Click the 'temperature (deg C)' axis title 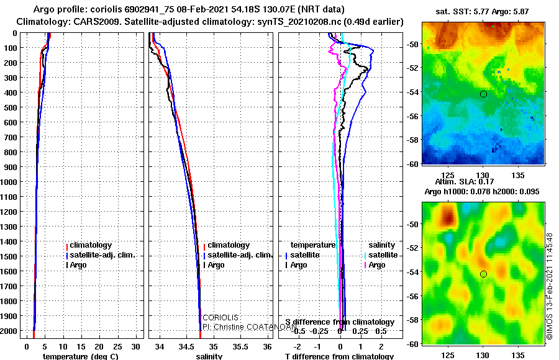click(x=80, y=356)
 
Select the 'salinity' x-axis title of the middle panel click(x=209, y=356)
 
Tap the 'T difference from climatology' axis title click(x=339, y=356)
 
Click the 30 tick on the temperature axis click(x=137, y=346)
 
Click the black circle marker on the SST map click(x=483, y=94)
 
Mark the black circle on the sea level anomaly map click(x=483, y=274)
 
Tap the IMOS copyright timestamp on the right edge click(x=549, y=286)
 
